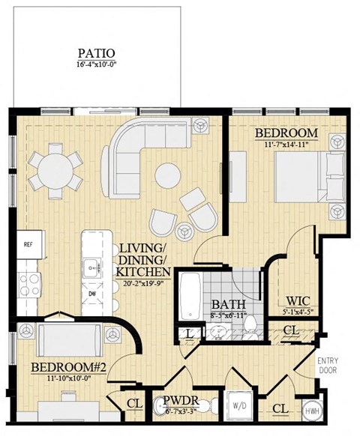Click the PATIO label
pos(96,53)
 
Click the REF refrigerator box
pos(29,244)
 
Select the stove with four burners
pos(29,282)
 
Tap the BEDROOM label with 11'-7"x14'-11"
pos(286,133)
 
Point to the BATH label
pos(226,305)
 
